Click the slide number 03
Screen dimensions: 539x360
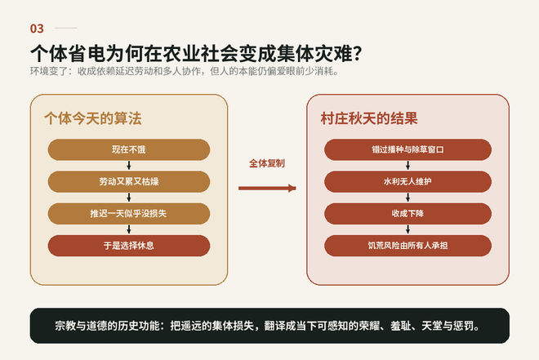pos(37,29)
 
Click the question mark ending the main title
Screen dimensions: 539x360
pos(357,54)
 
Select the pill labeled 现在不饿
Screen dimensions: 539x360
pos(129,149)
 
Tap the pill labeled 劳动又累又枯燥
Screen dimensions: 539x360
pos(129,182)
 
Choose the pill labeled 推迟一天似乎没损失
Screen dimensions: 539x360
pos(129,214)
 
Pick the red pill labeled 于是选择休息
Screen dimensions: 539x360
pos(129,246)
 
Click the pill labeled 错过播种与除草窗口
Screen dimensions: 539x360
pos(408,149)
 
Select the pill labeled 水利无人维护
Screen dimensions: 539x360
pos(408,182)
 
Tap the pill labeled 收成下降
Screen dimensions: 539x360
pos(408,214)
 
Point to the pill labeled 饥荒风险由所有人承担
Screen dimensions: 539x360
pos(408,246)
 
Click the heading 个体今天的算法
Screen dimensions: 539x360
pos(93,118)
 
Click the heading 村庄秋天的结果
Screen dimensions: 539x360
pos(369,118)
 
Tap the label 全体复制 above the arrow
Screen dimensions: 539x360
pos(267,163)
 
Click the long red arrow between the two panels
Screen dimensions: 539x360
pos(267,189)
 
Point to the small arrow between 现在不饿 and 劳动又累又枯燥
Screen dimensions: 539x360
pos(129,166)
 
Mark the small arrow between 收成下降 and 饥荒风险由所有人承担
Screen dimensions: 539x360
pos(408,229)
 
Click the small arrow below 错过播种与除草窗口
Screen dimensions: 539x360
pos(408,166)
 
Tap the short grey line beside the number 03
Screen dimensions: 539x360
pos(66,29)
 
